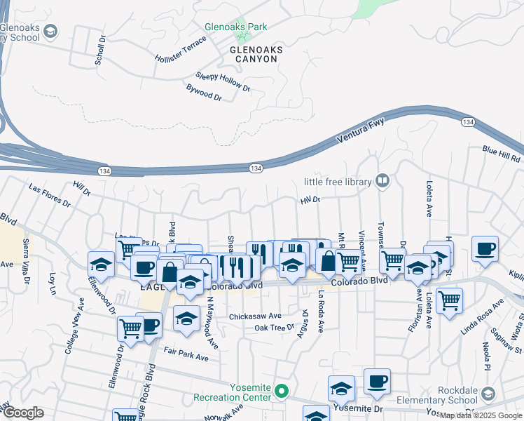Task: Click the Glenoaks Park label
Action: click(235, 27)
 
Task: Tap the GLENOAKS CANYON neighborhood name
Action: click(254, 54)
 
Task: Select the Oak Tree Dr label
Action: click(275, 328)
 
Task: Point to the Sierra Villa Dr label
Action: click(27, 250)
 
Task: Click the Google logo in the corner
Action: click(22, 413)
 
